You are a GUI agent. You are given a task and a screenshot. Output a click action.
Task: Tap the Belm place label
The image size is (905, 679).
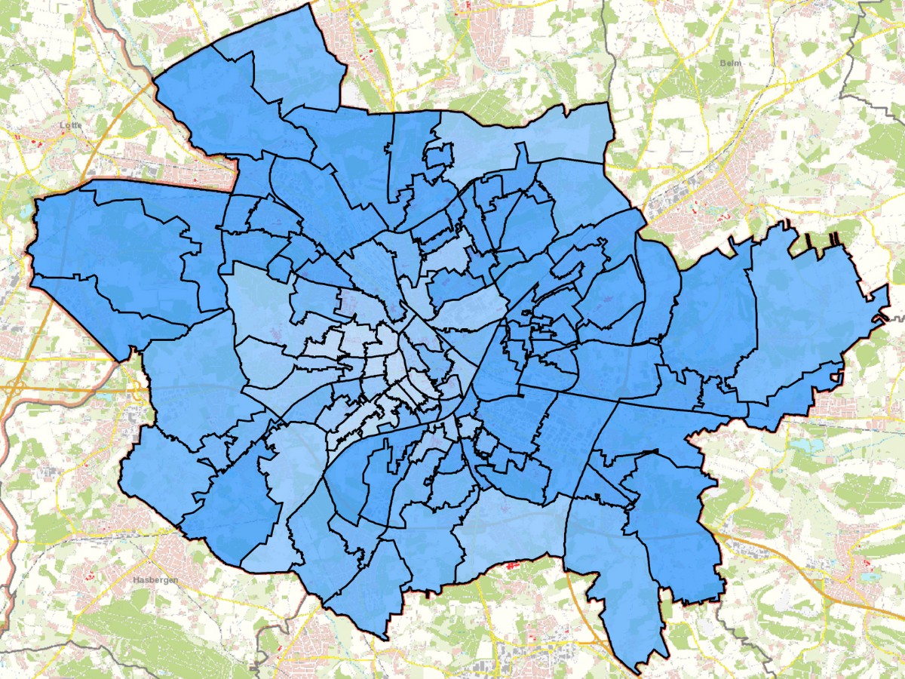click(x=730, y=63)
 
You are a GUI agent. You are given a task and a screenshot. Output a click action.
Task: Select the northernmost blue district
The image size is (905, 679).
click(x=294, y=60)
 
